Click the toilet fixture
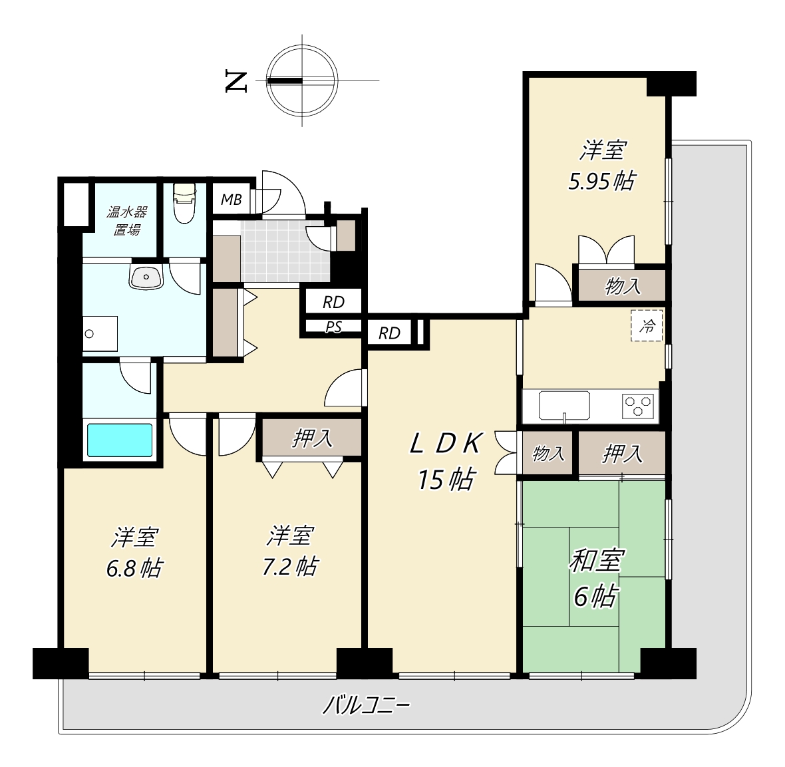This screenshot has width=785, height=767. (184, 204)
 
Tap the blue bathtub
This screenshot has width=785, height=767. (120, 440)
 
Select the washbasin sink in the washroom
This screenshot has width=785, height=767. (146, 277)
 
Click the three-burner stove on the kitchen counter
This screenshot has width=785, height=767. (637, 406)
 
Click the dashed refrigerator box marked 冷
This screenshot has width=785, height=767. (647, 326)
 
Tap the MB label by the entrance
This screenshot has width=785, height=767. (232, 200)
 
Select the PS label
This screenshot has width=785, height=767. (334, 327)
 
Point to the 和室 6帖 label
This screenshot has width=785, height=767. (596, 577)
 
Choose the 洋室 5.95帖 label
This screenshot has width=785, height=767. (602, 166)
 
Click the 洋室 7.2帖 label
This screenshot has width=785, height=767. (290, 551)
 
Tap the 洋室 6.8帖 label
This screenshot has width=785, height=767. (134, 553)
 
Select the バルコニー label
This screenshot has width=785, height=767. (366, 706)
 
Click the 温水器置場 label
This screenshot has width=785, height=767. (126, 221)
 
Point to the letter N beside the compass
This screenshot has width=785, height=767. (236, 81)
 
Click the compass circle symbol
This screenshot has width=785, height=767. (302, 80)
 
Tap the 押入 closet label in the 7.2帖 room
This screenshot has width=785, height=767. (312, 438)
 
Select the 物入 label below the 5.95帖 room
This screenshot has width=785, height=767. (623, 286)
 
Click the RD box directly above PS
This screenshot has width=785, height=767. (333, 302)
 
